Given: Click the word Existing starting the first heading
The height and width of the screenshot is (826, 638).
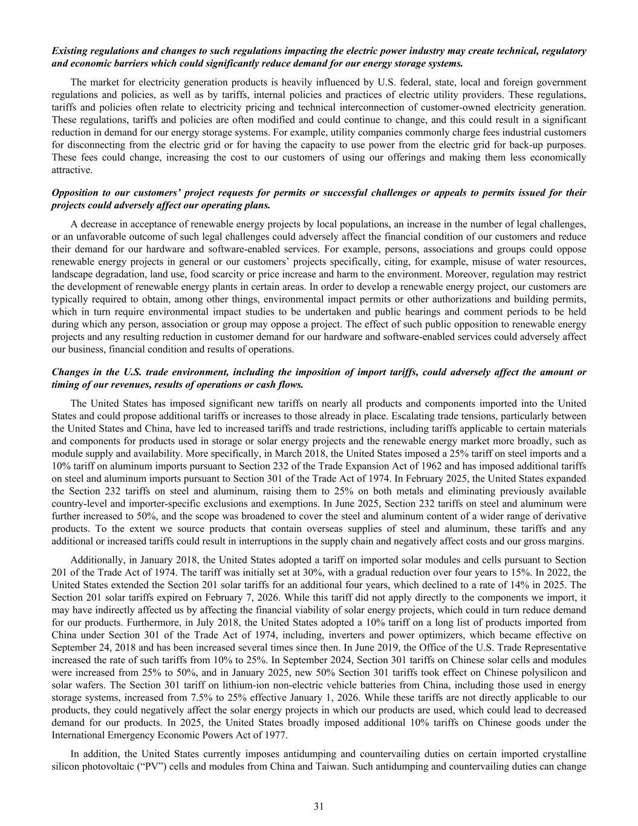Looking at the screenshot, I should [70, 51].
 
